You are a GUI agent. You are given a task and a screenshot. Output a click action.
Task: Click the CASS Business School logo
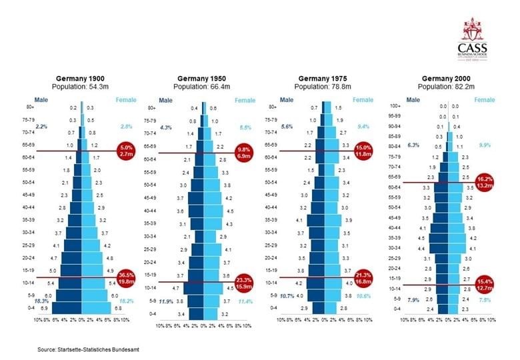tap(472, 39)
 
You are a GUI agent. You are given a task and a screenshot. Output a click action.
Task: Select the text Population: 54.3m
tap(80, 87)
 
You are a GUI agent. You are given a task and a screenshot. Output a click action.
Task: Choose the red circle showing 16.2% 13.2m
tap(485, 182)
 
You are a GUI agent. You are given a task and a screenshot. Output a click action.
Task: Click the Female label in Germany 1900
tap(126, 100)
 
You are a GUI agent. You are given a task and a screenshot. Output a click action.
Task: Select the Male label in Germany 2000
tap(413, 100)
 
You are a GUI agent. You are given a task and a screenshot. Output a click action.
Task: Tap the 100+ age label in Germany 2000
tap(395, 106)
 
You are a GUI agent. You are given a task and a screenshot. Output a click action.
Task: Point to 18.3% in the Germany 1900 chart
tap(42, 301)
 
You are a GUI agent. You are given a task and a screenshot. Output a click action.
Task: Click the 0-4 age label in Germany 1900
tap(31, 310)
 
